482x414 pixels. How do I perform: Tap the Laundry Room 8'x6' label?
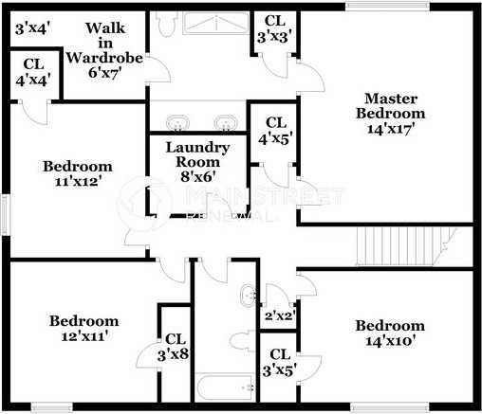[x=197, y=161]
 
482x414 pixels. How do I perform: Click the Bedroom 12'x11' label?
[x=83, y=328]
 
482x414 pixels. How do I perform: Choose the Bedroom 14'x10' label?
[x=390, y=333]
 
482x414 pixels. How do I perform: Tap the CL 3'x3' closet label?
[x=274, y=28]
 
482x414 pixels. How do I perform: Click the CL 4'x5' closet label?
[x=276, y=131]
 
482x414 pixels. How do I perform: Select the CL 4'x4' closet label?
[x=33, y=74]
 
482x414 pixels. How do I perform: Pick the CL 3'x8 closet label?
[x=176, y=347]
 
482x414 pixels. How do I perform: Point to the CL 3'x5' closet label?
[x=278, y=363]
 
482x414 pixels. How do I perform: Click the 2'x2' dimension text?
[x=279, y=315]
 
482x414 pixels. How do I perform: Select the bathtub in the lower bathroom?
[x=226, y=388]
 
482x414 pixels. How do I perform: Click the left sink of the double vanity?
[x=177, y=122]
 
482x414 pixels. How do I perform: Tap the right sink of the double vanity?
[x=224, y=122]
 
